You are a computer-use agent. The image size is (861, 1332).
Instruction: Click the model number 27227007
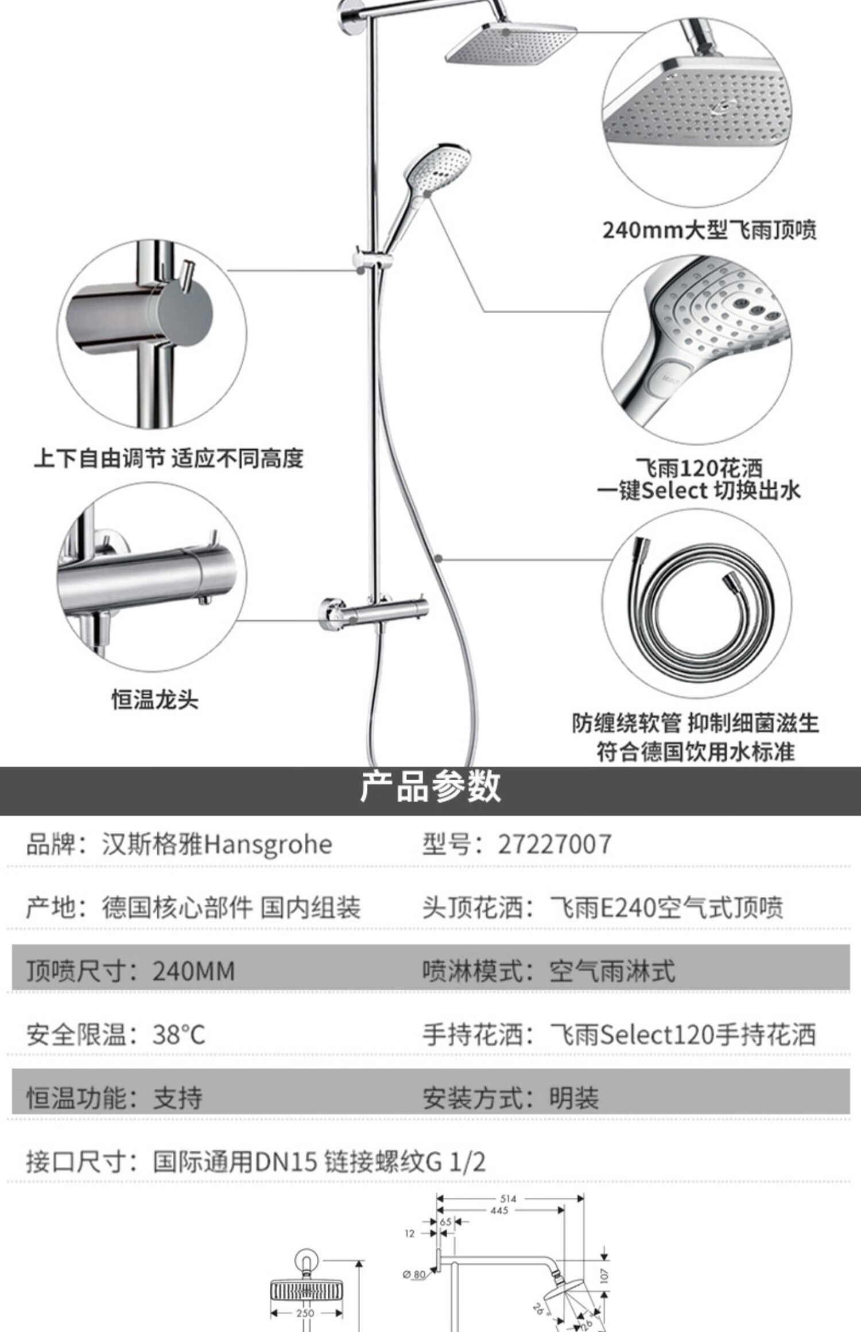coord(554,844)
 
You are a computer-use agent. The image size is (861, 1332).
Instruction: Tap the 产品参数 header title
coord(430,787)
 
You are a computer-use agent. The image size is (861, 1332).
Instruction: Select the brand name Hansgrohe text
coord(268,845)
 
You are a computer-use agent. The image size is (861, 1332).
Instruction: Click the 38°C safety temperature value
coord(179,1035)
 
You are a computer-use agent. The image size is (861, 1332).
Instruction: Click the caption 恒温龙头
coord(154,700)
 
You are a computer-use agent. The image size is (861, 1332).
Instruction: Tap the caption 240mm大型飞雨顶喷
coord(709,230)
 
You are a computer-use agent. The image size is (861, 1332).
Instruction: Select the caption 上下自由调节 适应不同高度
coord(168,458)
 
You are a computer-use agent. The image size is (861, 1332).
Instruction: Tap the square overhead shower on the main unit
coord(511,43)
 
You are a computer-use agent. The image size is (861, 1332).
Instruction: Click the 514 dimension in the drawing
coord(508,1198)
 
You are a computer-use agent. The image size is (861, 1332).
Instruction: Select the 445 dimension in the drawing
coord(499,1210)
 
